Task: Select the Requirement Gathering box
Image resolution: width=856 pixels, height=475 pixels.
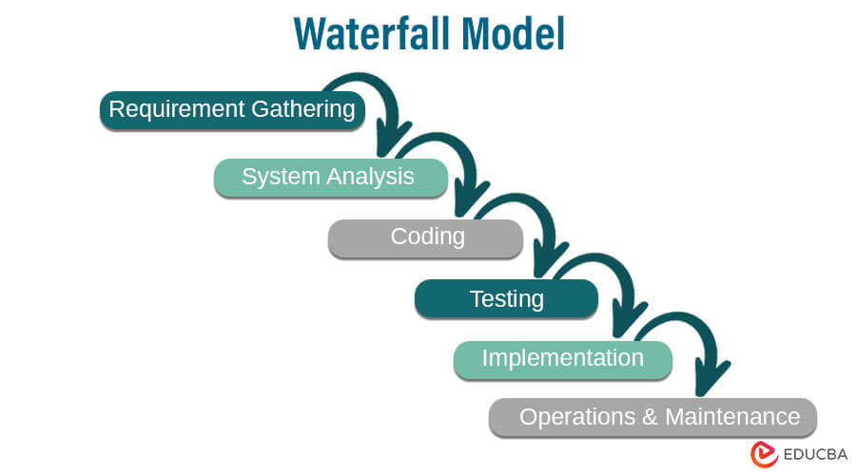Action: pyautogui.click(x=232, y=109)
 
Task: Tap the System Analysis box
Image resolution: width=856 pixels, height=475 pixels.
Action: pyautogui.click(x=329, y=177)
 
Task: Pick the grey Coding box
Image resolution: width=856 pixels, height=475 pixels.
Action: pyautogui.click(x=426, y=237)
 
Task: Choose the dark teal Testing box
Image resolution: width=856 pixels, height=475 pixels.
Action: pyautogui.click(x=506, y=299)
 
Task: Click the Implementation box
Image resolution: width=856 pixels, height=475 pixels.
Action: pyautogui.click(x=562, y=359)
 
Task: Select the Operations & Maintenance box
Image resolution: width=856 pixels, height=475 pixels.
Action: pyautogui.click(x=652, y=417)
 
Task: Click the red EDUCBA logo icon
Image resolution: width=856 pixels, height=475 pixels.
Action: pyautogui.click(x=764, y=453)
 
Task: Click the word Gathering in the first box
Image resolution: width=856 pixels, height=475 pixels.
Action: pyautogui.click(x=302, y=109)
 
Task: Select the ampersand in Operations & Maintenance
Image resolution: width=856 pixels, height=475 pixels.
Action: pyautogui.click(x=652, y=417)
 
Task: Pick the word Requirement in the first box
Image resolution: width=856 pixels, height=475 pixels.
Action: pyautogui.click(x=178, y=109)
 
